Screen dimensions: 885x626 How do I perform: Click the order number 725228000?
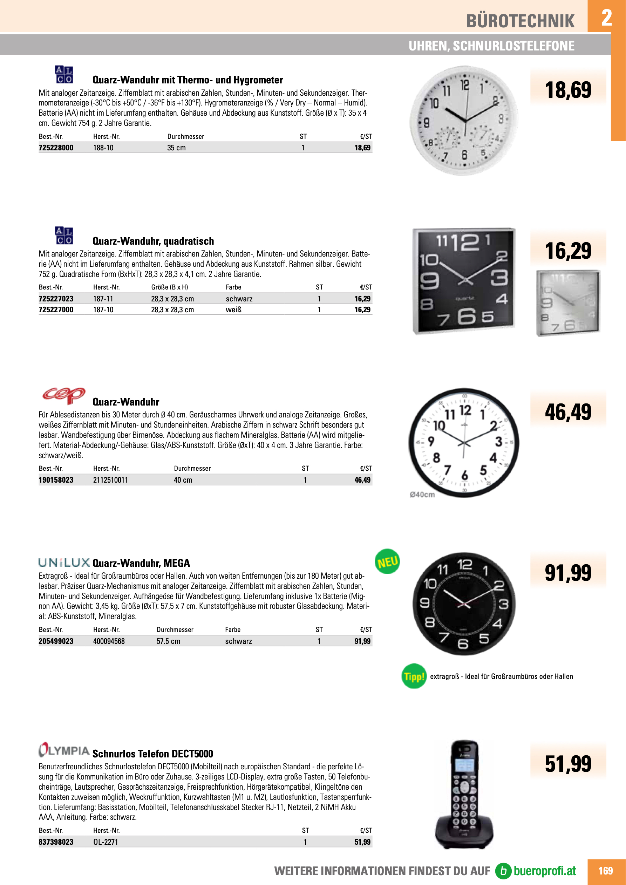pyautogui.click(x=56, y=148)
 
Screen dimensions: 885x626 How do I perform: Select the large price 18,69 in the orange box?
pyautogui.click(x=568, y=90)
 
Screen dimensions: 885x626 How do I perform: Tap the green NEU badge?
pyautogui.click(x=387, y=561)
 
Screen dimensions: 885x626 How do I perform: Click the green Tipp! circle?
pyautogui.click(x=414, y=676)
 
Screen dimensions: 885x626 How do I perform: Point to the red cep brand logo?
pyautogui.click(x=63, y=395)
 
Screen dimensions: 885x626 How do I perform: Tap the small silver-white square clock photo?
pyautogui.click(x=568, y=302)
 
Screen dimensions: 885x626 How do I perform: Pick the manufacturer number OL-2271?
pyautogui.click(x=106, y=842)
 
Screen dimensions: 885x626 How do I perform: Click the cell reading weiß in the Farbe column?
pyautogui.click(x=233, y=309)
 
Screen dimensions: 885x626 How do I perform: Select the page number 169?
pyautogui.click(x=606, y=871)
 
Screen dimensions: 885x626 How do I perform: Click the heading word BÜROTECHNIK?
pyautogui.click(x=520, y=21)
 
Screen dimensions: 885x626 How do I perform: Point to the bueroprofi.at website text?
pyautogui.click(x=544, y=871)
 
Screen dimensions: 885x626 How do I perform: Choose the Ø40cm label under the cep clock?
pyautogui.click(x=422, y=495)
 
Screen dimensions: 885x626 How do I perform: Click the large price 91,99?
pyautogui.click(x=568, y=572)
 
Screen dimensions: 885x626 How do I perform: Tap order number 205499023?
pyautogui.click(x=56, y=641)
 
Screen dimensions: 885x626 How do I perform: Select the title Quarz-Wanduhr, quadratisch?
pyautogui.click(x=153, y=241)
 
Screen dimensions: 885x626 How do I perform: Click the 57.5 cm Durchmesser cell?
pyautogui.click(x=168, y=641)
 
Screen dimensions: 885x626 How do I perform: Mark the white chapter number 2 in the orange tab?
pyautogui.click(x=606, y=17)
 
